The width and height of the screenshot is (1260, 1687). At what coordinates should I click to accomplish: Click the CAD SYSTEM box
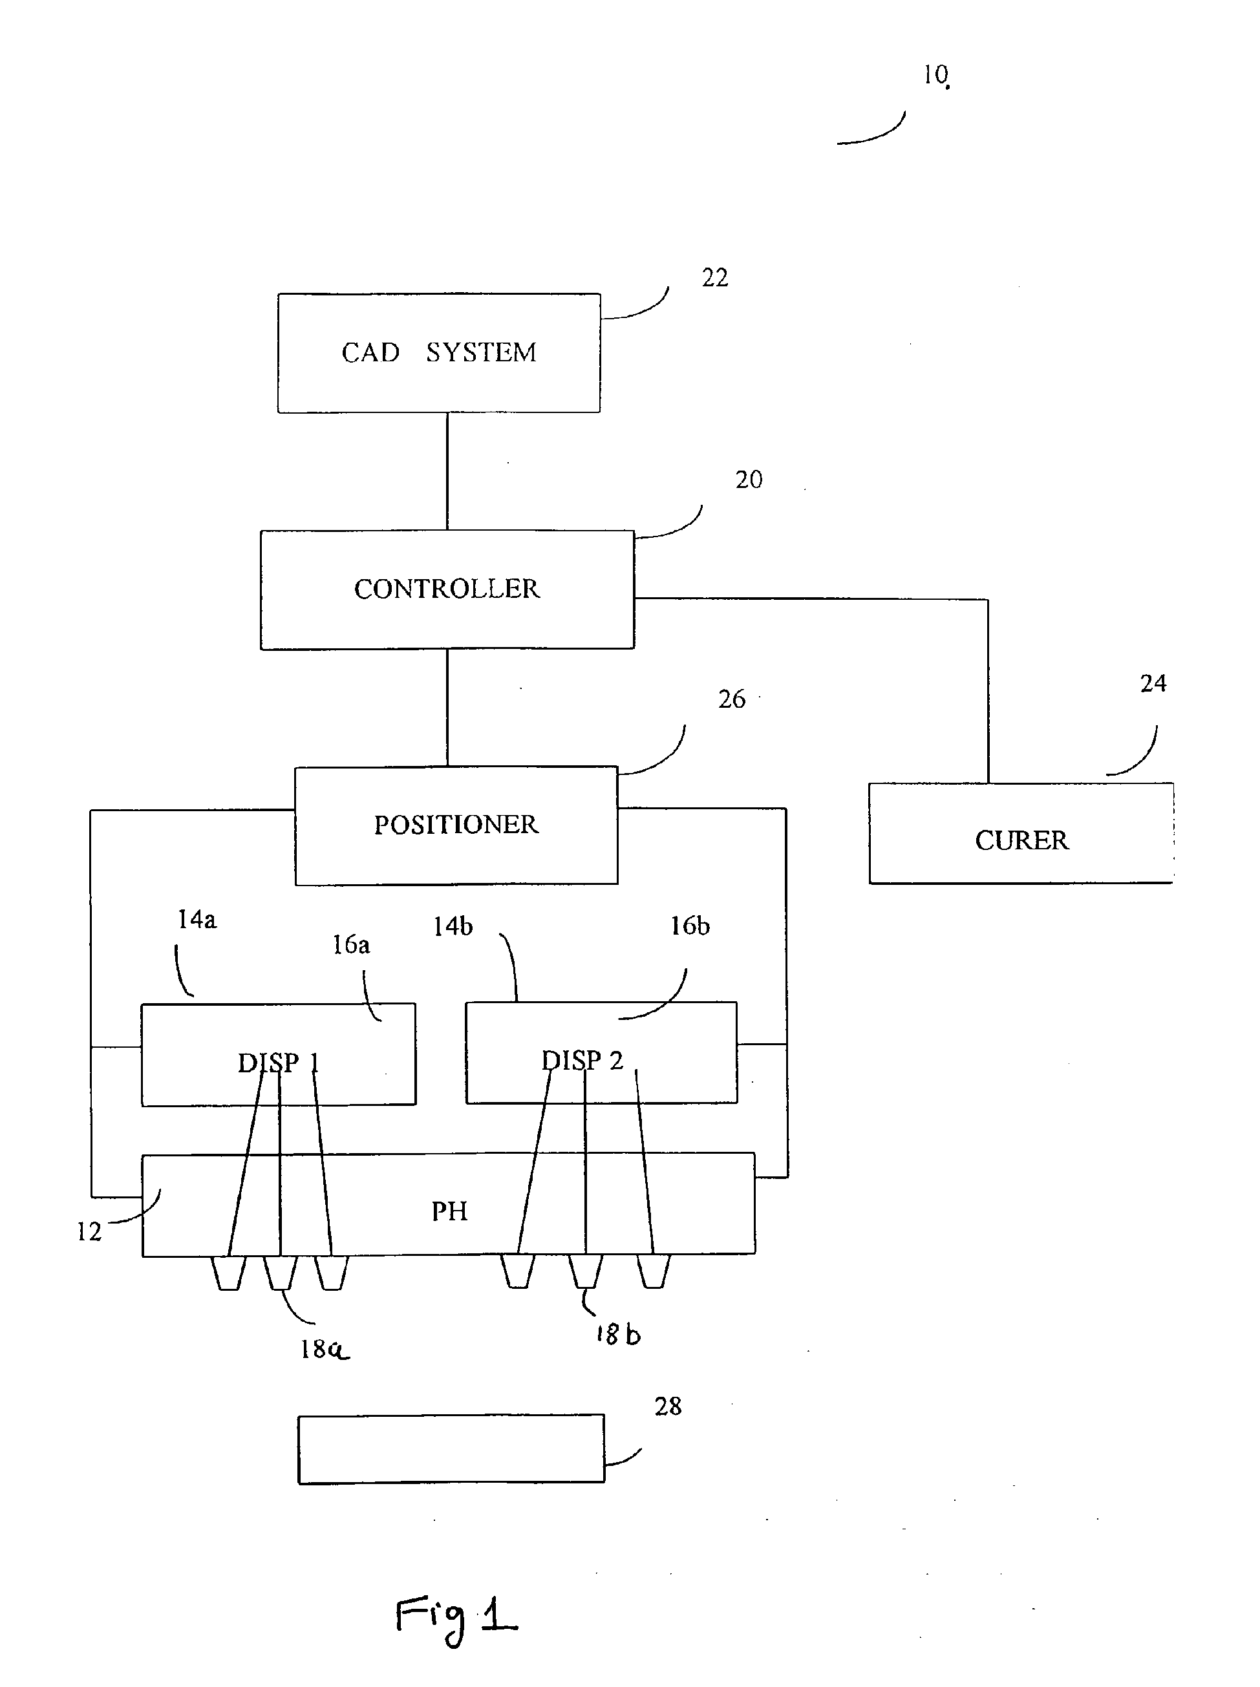[438, 353]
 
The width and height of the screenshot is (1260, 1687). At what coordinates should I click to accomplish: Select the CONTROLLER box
[447, 589]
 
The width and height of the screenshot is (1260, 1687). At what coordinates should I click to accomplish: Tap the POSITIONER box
[456, 825]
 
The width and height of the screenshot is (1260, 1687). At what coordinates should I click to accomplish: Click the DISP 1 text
[277, 1063]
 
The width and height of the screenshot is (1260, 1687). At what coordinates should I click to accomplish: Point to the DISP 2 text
[582, 1061]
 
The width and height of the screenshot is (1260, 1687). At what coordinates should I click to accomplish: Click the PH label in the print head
[449, 1211]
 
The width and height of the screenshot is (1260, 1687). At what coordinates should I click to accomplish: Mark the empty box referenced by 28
[451, 1449]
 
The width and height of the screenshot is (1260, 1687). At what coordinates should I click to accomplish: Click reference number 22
[714, 277]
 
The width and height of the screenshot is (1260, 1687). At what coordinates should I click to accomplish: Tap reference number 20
[748, 480]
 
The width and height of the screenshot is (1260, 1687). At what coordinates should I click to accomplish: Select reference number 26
[731, 699]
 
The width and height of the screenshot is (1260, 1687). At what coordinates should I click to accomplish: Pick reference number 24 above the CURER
[1153, 683]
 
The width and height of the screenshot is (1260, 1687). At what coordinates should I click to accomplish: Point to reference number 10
[935, 75]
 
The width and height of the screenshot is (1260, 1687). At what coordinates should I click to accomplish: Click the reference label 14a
[197, 920]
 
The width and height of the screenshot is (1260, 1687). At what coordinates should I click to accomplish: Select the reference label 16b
[690, 926]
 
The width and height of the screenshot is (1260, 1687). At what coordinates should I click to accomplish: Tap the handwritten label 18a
[324, 1350]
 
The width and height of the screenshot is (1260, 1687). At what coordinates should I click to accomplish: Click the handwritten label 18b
[618, 1335]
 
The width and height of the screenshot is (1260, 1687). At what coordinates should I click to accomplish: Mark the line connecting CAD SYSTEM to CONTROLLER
[447, 471]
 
